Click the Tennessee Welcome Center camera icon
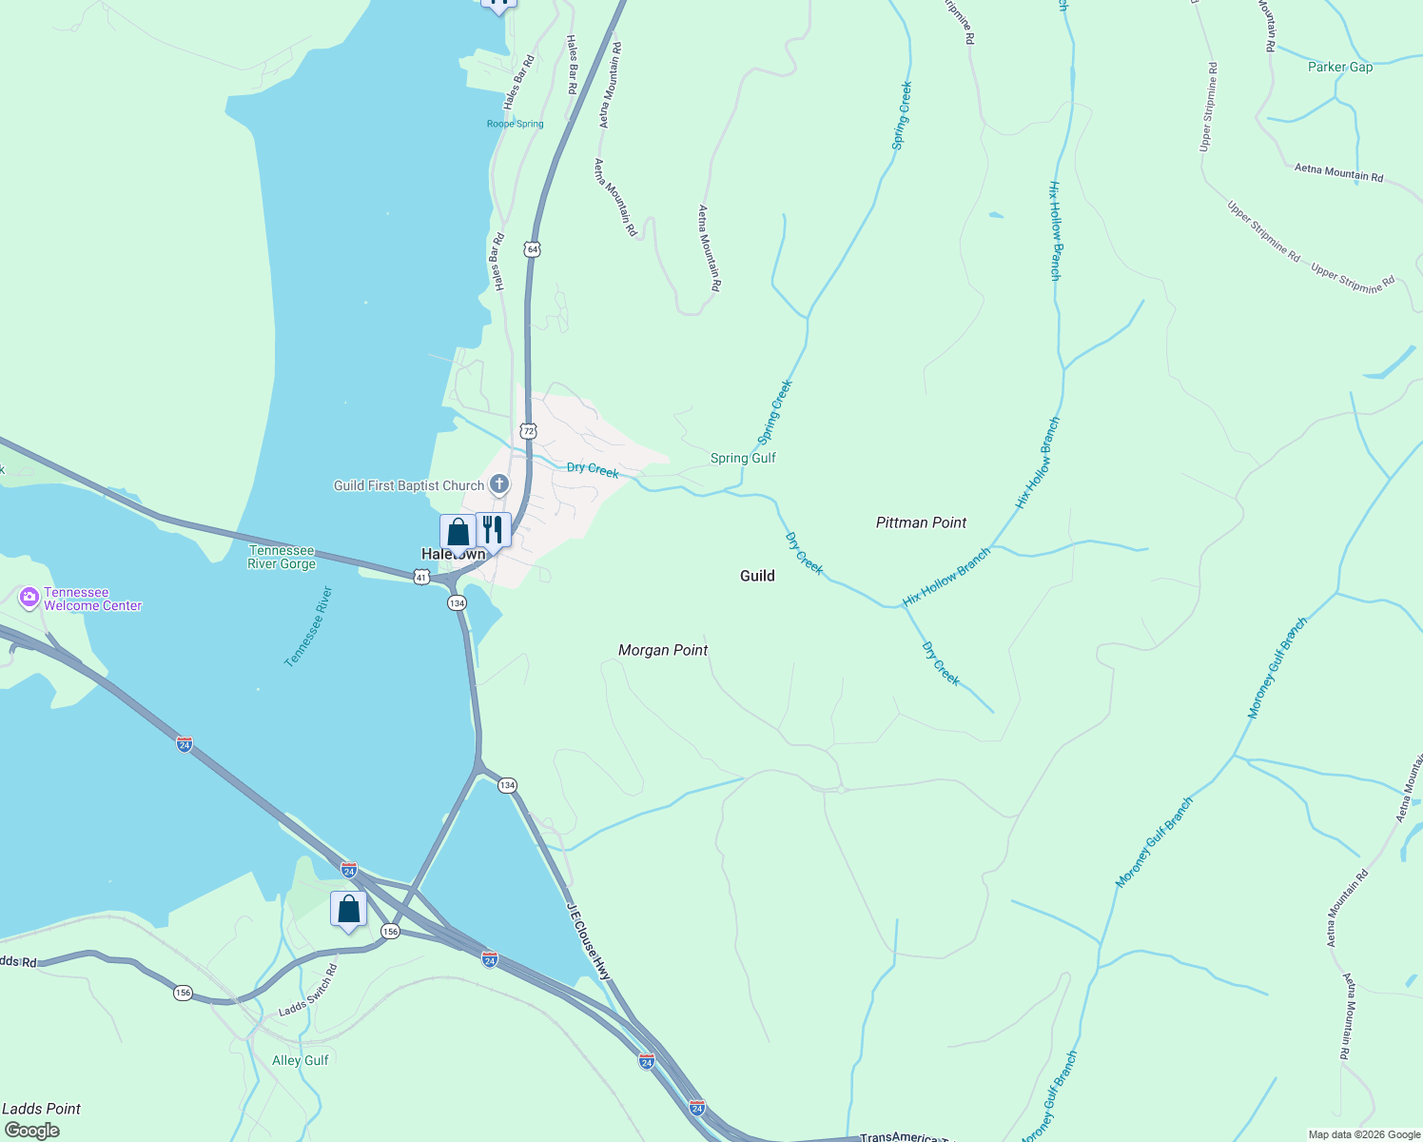29,599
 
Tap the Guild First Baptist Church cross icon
499,485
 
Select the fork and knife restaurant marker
493,530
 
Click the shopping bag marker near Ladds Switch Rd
349,910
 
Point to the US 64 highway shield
532,249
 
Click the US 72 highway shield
529,431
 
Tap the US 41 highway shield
421,577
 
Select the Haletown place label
453,555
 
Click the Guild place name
757,576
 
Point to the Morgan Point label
663,650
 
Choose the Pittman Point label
921,522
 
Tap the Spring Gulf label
743,458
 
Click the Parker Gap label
1340,67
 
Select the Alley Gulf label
301,1060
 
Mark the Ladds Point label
41,1109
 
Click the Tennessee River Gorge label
282,557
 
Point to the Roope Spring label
515,124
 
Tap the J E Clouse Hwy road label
589,941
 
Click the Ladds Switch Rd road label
308,991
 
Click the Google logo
31,1131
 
